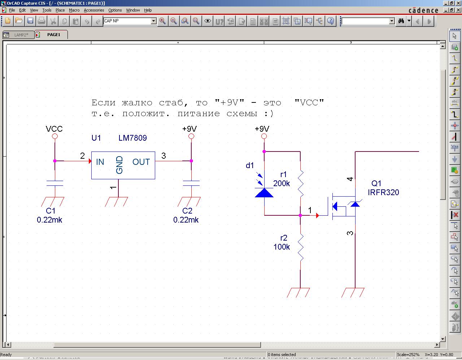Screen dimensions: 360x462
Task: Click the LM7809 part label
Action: (132, 138)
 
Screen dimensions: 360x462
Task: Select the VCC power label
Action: (54, 129)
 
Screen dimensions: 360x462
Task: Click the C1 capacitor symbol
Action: (55, 183)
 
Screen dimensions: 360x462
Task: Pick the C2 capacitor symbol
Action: (191, 183)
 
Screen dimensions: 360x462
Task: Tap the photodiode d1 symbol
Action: (264, 192)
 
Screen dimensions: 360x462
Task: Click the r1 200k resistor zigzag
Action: (300, 184)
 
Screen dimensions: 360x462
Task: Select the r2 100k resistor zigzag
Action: (300, 247)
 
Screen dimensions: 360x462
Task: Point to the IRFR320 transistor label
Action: (383, 192)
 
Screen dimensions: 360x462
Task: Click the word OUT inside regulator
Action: (141, 162)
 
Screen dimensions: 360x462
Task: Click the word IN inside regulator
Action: (100, 162)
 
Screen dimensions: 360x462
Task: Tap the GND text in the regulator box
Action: (119, 165)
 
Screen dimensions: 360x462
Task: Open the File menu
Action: (12, 10)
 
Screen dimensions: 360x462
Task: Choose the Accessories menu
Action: (94, 10)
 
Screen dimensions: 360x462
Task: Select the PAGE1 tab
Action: (53, 35)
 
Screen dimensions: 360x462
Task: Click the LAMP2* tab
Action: (21, 35)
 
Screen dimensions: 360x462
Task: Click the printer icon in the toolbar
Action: (42, 21)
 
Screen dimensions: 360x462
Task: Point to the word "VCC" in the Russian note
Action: (309, 102)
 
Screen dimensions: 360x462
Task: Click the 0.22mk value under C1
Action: (49, 220)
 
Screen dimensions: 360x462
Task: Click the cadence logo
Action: (423, 10)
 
